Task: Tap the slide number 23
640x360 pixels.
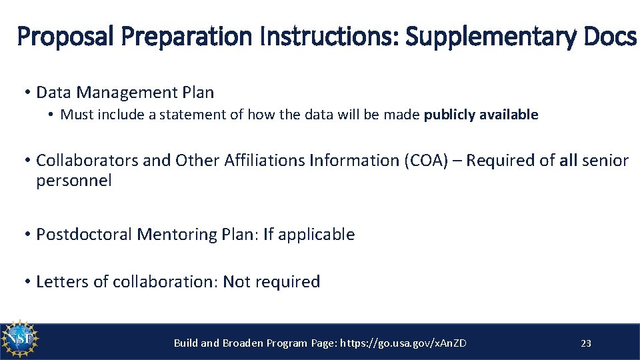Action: point(586,343)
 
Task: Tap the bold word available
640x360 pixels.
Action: point(507,115)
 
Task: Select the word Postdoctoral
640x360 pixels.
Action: point(84,235)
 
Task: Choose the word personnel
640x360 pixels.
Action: point(74,181)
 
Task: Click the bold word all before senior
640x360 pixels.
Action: point(568,161)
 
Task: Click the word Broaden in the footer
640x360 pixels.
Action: point(242,343)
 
